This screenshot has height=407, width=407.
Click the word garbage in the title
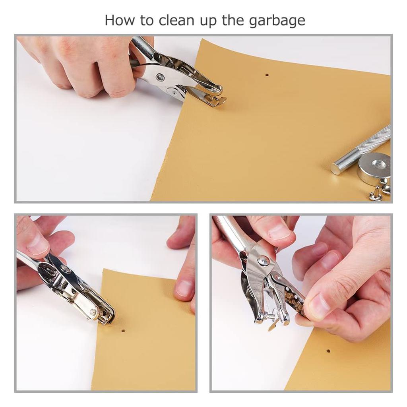[x=277, y=21]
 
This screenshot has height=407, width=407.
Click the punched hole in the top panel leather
[x=267, y=74]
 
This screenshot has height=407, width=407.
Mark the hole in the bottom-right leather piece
[x=328, y=351]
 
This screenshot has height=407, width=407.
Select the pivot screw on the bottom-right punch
[x=263, y=261]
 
